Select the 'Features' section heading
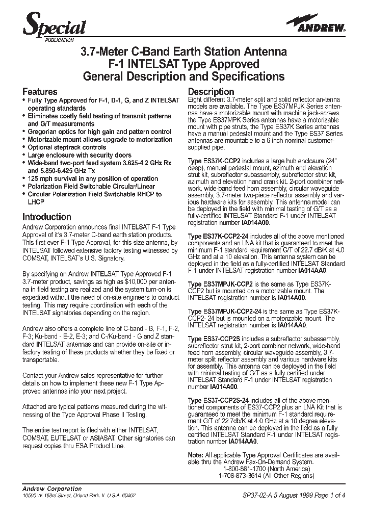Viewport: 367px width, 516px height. pos(40,92)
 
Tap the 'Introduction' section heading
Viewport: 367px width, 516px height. pos(47,217)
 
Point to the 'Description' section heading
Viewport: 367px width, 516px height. pos(211,92)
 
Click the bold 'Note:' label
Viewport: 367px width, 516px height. pos(196,454)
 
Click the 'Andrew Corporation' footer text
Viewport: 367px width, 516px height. pos(53,488)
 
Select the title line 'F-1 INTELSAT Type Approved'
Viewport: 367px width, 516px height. pos(183,64)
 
